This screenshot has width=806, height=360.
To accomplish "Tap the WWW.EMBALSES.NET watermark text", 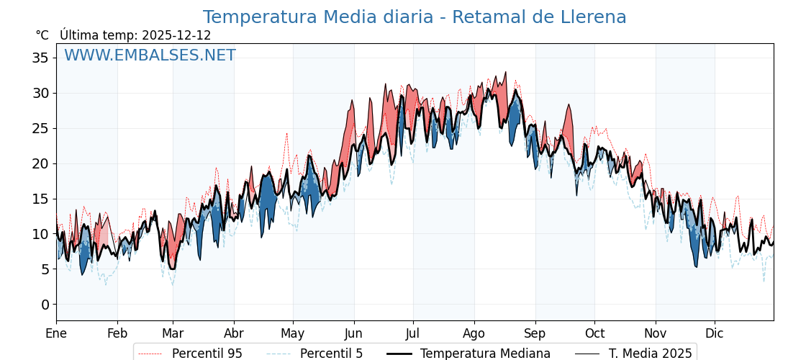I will coord(150,55).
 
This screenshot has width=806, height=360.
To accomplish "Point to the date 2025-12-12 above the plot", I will coord(176,35).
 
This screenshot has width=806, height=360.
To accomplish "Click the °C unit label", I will coord(42,35).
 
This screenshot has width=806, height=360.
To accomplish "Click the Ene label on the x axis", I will coord(56,333).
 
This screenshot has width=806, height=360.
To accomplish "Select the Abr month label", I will coord(234,333).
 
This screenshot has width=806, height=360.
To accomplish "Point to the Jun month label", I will coord(353,333).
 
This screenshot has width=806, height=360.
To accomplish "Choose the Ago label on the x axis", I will coord(474,333).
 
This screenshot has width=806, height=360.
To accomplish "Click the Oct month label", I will coord(594,333).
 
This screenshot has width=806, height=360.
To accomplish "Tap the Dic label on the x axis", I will coord(715,333).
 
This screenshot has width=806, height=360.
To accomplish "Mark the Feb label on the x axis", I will coord(117,333).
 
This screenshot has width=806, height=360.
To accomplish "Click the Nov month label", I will coord(656,333).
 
